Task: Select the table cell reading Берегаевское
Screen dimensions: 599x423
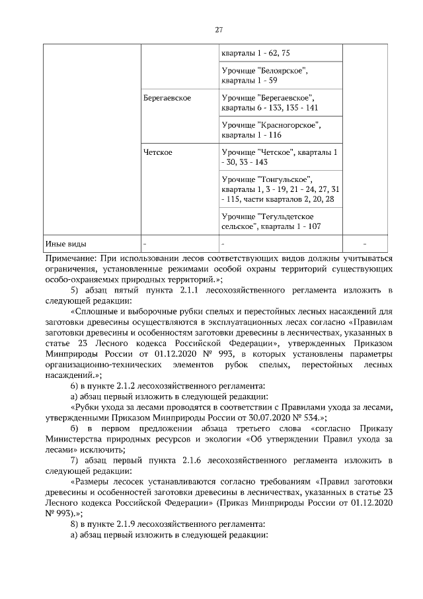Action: (167, 98)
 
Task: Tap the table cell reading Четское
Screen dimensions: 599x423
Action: (158, 152)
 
